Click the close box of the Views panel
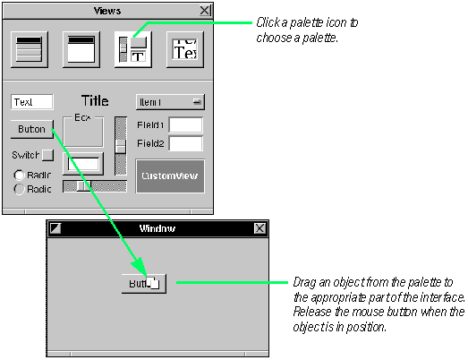click(205, 11)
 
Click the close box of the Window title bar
click(260, 228)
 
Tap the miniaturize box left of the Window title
click(55, 228)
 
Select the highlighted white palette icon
click(132, 49)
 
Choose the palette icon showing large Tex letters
click(184, 49)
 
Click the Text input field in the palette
click(32, 102)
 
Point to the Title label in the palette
click(95, 101)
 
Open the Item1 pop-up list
click(170, 101)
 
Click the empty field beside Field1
click(186, 125)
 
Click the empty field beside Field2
click(186, 143)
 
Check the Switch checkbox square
click(47, 156)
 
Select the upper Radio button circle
click(19, 175)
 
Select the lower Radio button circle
click(19, 189)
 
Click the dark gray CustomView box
click(170, 176)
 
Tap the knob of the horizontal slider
click(83, 186)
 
